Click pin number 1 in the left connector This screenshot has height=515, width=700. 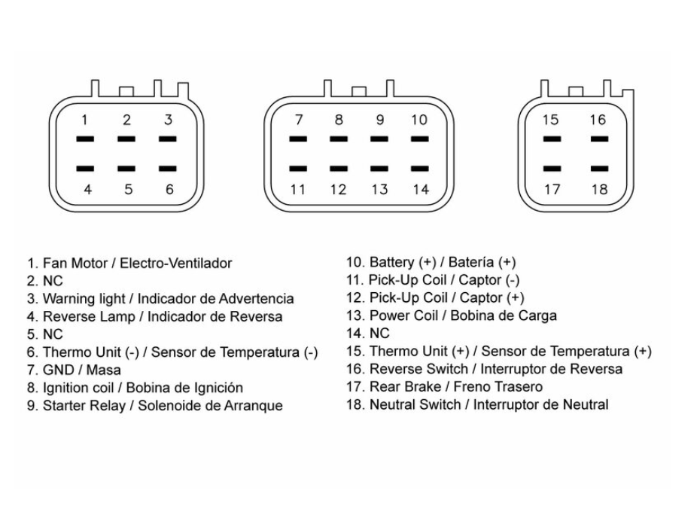point(85,119)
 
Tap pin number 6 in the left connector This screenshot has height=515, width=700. point(169,189)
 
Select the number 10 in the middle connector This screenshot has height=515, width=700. point(420,119)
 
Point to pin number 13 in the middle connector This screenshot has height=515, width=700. point(380,189)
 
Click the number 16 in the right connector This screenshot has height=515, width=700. point(598,119)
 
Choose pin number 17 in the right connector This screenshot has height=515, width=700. point(552,189)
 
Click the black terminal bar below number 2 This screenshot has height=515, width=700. point(127,139)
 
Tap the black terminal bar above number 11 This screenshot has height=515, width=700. point(299,168)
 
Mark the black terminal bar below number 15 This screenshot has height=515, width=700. point(552,139)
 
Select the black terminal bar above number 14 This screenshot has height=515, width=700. point(420,168)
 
